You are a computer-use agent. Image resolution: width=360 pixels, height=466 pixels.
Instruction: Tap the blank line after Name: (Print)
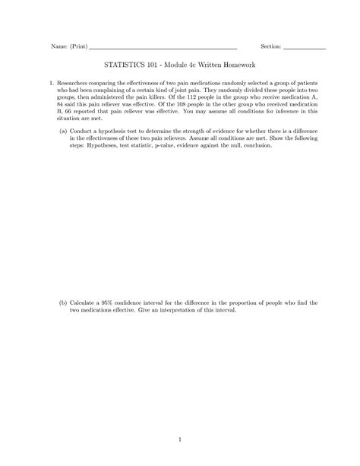click(x=163, y=48)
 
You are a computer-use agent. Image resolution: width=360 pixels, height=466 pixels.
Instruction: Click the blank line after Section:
click(x=304, y=48)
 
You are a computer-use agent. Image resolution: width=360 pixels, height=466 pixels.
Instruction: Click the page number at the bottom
click(x=180, y=438)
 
